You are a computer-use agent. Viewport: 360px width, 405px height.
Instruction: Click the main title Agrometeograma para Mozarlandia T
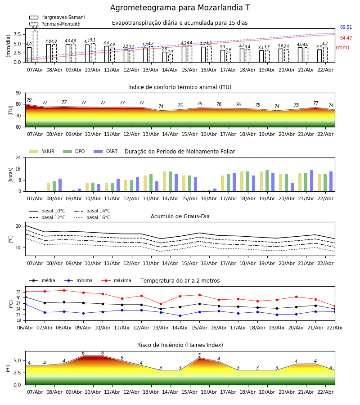coord(180,8)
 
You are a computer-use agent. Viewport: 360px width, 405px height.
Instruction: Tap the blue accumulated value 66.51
coord(346,27)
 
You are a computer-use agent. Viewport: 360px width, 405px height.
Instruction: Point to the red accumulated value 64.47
coord(346,38)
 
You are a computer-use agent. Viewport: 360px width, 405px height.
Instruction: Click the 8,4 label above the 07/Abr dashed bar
coord(35,28)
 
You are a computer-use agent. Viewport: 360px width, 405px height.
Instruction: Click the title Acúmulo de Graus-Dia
coord(180,216)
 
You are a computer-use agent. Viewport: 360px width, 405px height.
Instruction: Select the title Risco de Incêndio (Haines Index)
coord(180,345)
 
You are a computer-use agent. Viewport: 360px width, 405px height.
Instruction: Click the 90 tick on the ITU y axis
coord(18,93)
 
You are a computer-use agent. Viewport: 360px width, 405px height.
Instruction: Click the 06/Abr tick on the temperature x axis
coord(25,327)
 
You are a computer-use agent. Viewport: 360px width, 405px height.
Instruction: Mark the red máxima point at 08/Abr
coord(64,290)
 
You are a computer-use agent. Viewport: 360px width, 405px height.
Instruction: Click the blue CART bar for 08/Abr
coord(60,185)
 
